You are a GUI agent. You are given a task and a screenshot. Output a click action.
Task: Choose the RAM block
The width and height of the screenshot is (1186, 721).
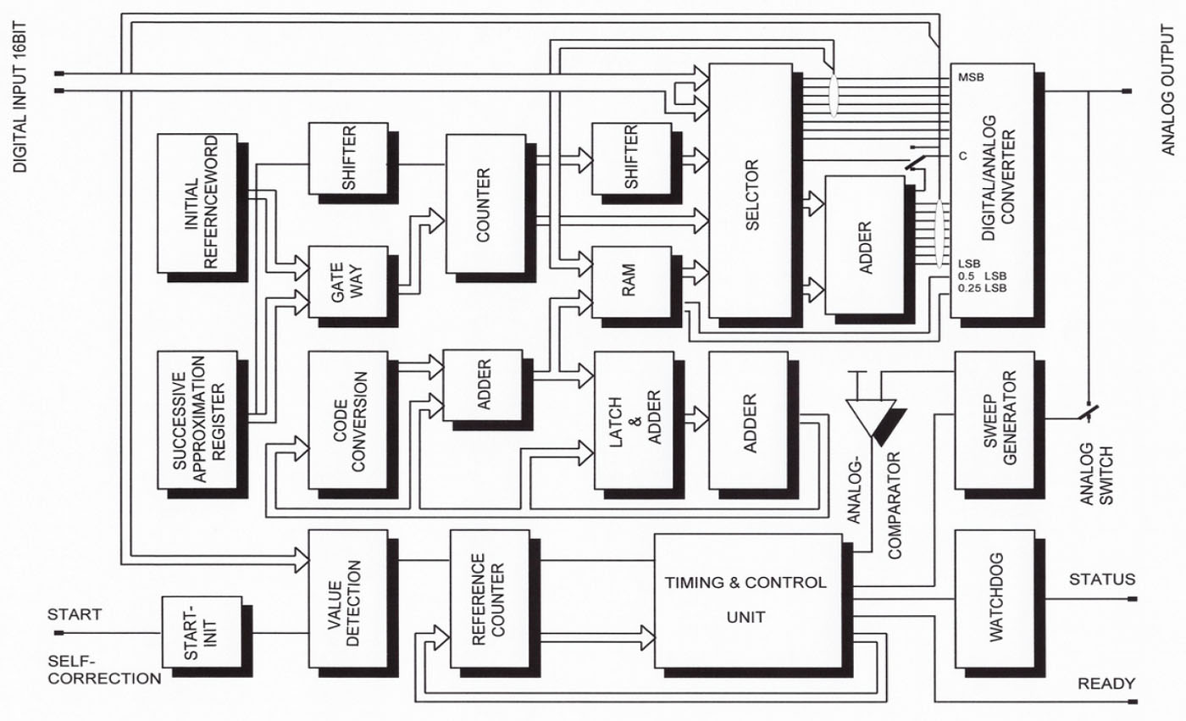point(630,282)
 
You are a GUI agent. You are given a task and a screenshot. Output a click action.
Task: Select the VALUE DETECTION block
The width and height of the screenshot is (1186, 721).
point(347,598)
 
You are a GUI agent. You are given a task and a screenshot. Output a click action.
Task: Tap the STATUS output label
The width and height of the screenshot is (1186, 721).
point(1101,580)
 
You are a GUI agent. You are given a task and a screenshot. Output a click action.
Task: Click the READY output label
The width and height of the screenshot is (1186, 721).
point(1105,683)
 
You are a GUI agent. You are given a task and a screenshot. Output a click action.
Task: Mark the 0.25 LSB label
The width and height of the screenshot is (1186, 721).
point(983,289)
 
